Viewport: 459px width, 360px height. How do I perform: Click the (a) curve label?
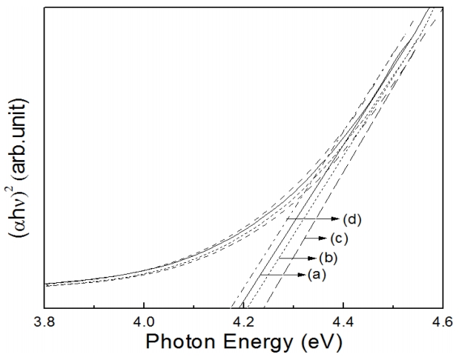tap(316, 276)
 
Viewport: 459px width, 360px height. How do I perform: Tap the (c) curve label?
tap(338, 239)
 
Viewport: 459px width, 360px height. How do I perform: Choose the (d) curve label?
tap(351, 219)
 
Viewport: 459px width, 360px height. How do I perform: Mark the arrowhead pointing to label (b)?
tap(312, 258)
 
